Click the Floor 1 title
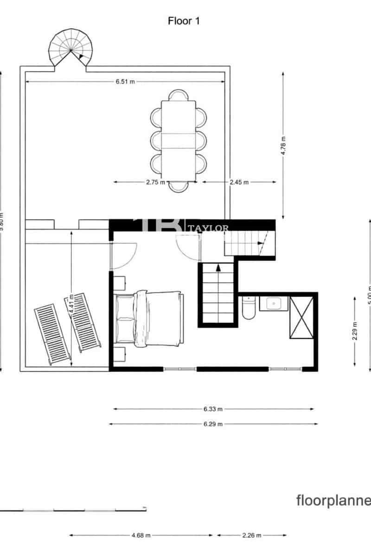tap(184, 21)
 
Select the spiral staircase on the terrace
tap(71, 49)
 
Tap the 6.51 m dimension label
tap(125, 82)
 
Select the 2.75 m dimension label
tap(155, 182)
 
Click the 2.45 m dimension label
tap(239, 182)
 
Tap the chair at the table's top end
tap(179, 95)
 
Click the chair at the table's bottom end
tap(179, 186)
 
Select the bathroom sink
tap(274, 303)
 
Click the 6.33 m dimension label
tap(213, 409)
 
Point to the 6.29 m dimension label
tap(213, 424)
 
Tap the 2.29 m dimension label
tap(355, 331)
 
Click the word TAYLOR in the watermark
tap(214, 228)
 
